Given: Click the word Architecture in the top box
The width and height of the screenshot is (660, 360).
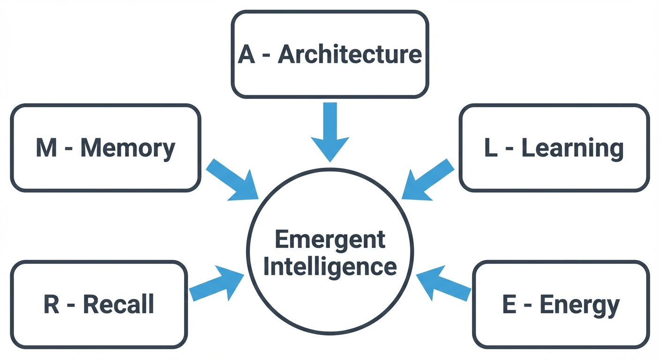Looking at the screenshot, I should [350, 55].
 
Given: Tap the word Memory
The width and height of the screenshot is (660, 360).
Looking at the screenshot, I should [127, 148].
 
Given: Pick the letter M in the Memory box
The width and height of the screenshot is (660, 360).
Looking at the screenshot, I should [47, 148].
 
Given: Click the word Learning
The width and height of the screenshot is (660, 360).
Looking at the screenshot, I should [572, 148].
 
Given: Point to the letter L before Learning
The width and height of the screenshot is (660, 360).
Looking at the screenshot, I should [490, 148].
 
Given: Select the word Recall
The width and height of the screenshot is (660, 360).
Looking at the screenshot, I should [119, 305].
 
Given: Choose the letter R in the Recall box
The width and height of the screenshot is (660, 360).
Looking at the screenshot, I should [52, 305].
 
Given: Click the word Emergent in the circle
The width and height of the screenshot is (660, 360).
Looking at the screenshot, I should [330, 240].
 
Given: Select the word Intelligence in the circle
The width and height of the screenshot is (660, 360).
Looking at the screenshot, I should [330, 267].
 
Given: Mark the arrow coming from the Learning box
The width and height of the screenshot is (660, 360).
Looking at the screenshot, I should [427, 180].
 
